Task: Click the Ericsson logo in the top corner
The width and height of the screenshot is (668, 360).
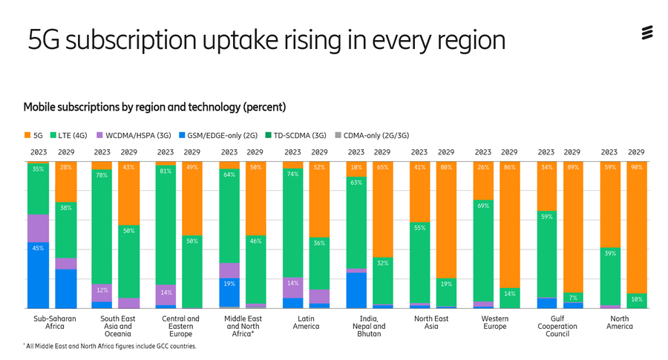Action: coord(647,33)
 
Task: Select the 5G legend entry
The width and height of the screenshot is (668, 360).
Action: coord(33,136)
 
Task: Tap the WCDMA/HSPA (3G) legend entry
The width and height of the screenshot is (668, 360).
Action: coord(134,136)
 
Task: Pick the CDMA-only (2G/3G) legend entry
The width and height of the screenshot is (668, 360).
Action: coord(372,136)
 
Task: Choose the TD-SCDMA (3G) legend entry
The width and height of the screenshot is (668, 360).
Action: coord(295,136)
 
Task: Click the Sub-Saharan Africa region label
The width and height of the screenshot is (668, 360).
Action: coord(55,322)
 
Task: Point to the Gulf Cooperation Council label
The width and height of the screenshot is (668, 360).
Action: coord(557,327)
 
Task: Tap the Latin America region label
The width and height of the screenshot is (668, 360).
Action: coord(306,322)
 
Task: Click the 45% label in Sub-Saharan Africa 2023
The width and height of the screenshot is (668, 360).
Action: coord(38,248)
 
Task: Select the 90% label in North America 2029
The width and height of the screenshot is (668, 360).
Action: coord(637,168)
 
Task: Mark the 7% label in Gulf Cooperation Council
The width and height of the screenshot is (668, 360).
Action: coord(573,298)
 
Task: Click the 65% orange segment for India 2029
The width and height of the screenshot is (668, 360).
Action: coord(382,209)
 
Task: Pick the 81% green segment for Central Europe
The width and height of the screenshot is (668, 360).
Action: coord(166,225)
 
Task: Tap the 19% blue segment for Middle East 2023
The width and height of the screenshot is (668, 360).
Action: coord(229,292)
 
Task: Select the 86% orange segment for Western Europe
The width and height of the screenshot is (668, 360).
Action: coord(509,224)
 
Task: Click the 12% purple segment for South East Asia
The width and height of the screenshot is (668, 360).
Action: coord(102,292)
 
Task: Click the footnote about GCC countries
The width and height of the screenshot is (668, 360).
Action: coord(110,347)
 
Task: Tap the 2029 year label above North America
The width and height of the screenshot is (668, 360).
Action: coord(636,152)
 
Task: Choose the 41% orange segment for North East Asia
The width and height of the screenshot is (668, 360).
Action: coord(419,192)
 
